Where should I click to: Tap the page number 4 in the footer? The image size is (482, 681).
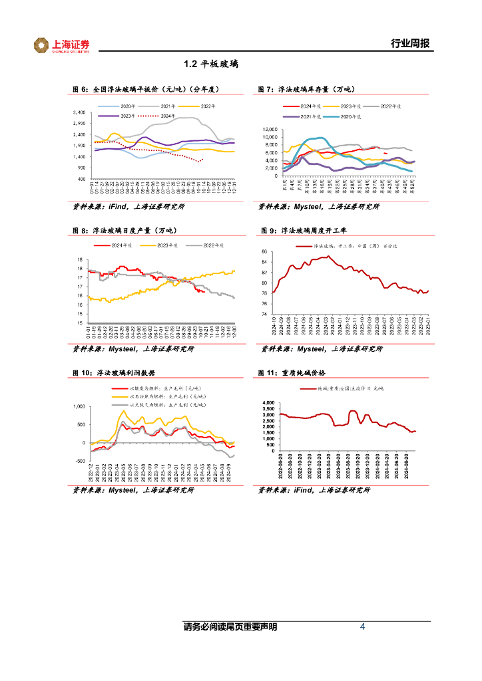click(x=362, y=627)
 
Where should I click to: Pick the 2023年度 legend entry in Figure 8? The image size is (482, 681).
click(x=166, y=245)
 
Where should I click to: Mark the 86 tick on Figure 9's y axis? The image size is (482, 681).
click(x=264, y=252)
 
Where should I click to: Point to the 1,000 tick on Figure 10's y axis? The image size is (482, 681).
click(x=77, y=406)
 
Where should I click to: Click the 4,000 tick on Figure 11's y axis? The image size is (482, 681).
click(x=268, y=403)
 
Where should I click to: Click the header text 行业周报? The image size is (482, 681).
click(x=409, y=44)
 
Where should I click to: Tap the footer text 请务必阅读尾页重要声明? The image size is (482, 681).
click(x=230, y=627)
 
